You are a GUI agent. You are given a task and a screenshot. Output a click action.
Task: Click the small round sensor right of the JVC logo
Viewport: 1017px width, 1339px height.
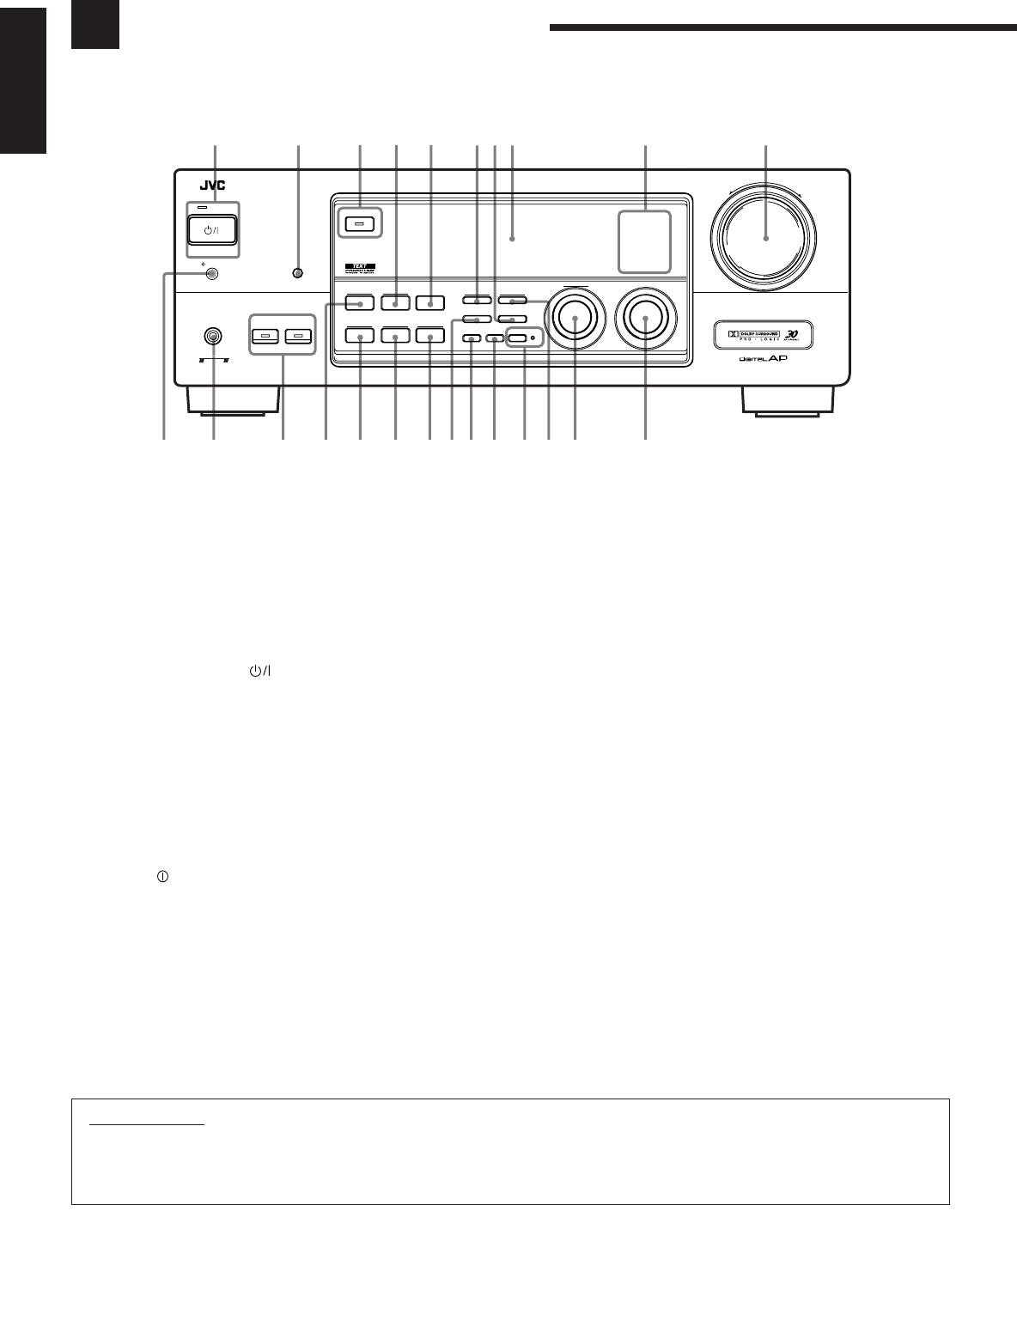point(298,274)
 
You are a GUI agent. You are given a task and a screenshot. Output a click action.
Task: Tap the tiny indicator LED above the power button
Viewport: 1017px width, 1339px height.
point(203,207)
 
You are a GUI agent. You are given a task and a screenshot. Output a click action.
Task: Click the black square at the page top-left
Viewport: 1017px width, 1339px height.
point(94,25)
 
